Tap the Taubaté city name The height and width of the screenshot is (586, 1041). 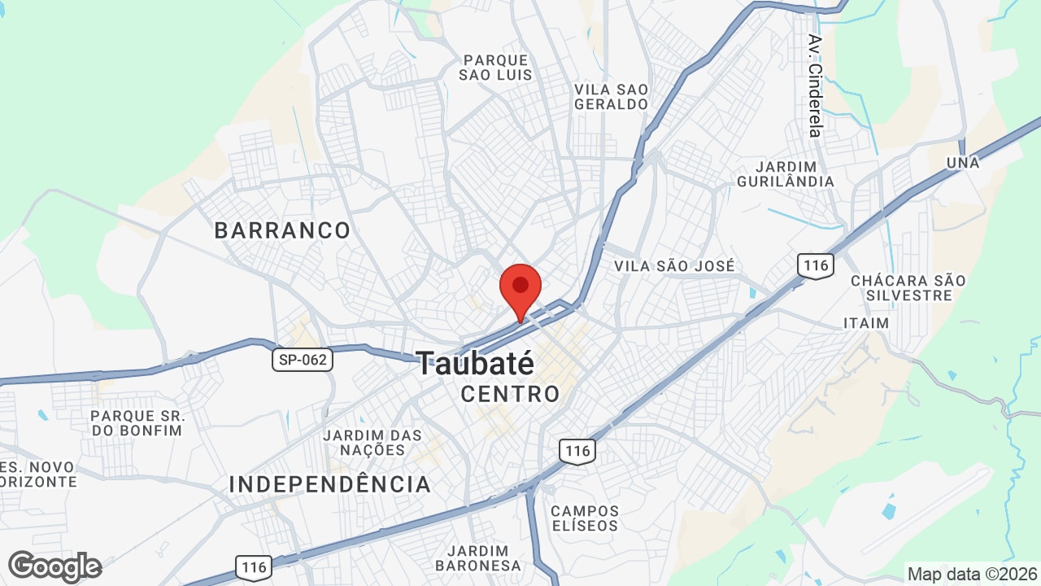476,363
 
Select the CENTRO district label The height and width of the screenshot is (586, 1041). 510,395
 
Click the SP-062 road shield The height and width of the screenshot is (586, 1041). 303,360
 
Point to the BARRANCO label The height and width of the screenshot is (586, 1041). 282,230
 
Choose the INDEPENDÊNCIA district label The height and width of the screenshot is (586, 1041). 329,484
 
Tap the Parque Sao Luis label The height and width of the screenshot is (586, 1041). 495,68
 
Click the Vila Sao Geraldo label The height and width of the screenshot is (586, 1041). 612,96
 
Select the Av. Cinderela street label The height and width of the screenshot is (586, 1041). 815,85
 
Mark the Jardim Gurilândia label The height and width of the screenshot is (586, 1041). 786,173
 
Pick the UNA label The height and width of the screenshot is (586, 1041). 963,163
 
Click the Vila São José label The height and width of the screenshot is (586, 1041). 674,266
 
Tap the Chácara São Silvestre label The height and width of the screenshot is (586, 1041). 908,287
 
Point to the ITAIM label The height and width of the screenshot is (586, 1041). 866,323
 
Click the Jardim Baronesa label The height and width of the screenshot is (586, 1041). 477,558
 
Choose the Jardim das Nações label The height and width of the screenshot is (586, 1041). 372,442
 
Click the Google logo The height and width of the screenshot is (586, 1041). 55,566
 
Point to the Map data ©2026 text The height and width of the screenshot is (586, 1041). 971,574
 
